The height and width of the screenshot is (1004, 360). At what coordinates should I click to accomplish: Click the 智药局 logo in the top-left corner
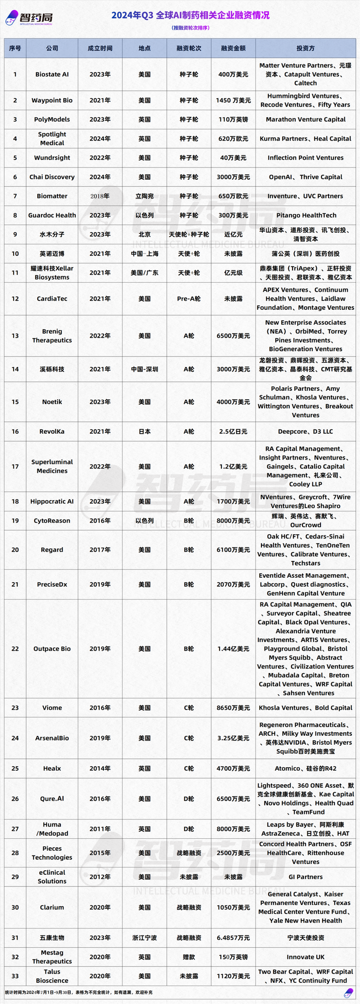coord(30,18)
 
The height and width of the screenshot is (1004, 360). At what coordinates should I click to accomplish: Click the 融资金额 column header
coord(233,48)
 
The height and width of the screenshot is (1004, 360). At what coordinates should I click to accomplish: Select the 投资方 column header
coord(306,48)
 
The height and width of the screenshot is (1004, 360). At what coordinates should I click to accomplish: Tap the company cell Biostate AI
coord(52,74)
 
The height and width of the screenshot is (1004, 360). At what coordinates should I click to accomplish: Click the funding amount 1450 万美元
coord(233,100)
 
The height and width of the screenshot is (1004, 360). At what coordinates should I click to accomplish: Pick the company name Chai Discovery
coord(52,177)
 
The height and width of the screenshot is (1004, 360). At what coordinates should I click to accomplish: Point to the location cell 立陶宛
coord(144,196)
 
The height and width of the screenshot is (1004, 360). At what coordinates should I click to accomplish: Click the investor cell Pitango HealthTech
coord(306,215)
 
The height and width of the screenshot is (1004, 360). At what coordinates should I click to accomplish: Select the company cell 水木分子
coord(52,235)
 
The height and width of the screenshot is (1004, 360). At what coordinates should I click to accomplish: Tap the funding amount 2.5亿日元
coord(233,431)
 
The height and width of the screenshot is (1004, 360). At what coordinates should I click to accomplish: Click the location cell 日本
coord(144,431)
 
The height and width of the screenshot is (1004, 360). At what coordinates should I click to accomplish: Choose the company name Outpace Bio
coord(52,649)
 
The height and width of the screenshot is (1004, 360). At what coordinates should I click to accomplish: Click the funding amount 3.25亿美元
coord(233,738)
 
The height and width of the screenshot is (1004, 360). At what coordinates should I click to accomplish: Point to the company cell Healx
coord(52,769)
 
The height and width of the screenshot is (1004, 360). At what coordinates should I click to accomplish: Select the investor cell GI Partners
coord(306,877)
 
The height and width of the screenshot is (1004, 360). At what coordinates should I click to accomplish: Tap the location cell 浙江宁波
coord(144,937)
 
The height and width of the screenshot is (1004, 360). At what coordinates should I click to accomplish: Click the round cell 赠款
coord(189,957)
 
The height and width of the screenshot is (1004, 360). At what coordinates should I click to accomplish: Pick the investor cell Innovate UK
coord(306,957)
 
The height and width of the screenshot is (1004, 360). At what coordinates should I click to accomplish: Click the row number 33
coord(15,976)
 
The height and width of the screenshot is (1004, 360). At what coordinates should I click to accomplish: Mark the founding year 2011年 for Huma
coord(100,829)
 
